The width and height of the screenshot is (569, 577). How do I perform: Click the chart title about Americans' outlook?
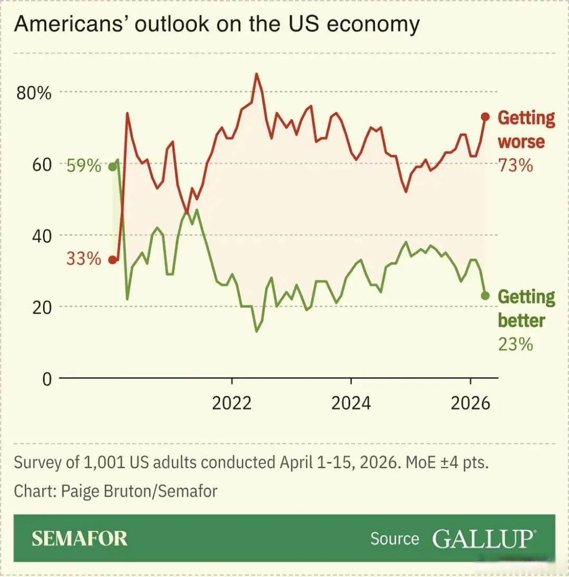tap(217, 25)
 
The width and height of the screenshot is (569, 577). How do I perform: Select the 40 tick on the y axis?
tap(42, 236)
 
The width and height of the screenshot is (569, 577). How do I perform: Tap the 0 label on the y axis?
tap(47, 379)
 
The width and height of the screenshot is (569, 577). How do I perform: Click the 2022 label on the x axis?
tap(232, 403)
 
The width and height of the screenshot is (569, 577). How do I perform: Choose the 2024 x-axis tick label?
tap(351, 403)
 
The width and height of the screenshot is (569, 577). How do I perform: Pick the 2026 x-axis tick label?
tap(470, 403)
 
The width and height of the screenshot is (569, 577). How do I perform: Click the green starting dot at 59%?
tap(112, 167)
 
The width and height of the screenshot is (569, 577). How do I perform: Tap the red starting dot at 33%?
tap(112, 260)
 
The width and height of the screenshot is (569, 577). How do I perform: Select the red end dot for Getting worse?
tap(485, 117)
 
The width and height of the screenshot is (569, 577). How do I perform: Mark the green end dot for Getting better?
tap(485, 296)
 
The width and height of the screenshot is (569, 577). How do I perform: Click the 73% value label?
tap(516, 165)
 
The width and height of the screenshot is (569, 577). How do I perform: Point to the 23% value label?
tap(516, 344)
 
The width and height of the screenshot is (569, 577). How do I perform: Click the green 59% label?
tap(84, 167)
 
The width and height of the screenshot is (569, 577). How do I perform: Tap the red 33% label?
tap(83, 259)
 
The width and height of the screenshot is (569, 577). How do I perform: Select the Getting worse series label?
tap(525, 130)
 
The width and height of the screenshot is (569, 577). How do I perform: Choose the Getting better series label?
tap(525, 308)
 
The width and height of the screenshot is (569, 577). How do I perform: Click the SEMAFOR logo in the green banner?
tap(79, 538)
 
